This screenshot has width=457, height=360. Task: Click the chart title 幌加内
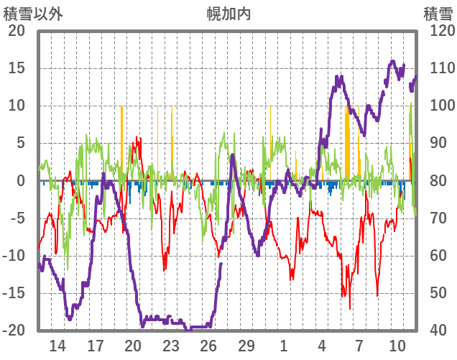pyautogui.click(x=228, y=14)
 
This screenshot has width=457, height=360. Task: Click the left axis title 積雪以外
pyautogui.click(x=28, y=14)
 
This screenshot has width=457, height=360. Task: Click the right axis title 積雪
pyautogui.click(x=438, y=14)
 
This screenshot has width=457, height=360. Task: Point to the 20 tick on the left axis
pyautogui.click(x=17, y=31)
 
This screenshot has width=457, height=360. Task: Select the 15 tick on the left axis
pyautogui.click(x=17, y=68)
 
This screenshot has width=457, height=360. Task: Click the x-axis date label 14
pyautogui.click(x=57, y=346)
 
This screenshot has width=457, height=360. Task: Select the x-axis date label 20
pyautogui.click(x=134, y=346)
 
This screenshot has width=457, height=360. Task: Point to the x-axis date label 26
pyautogui.click(x=208, y=346)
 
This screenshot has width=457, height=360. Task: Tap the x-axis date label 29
pyautogui.click(x=246, y=346)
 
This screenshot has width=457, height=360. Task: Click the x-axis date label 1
pyautogui.click(x=284, y=346)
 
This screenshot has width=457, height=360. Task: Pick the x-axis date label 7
pyautogui.click(x=359, y=346)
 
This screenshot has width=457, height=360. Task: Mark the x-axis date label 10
pyautogui.click(x=397, y=346)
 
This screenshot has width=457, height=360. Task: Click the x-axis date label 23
pyautogui.click(x=171, y=346)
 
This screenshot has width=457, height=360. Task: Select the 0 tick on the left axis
pyautogui.click(x=21, y=181)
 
